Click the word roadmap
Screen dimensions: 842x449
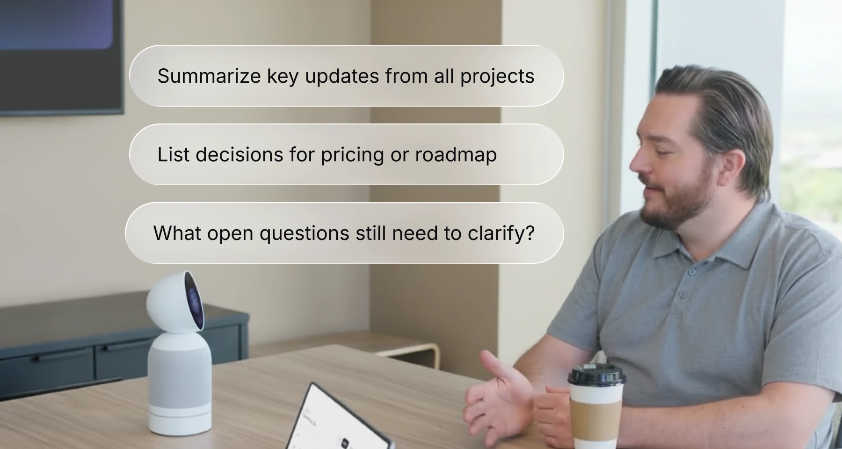(x=456, y=155)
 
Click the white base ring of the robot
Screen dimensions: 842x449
(x=180, y=419)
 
